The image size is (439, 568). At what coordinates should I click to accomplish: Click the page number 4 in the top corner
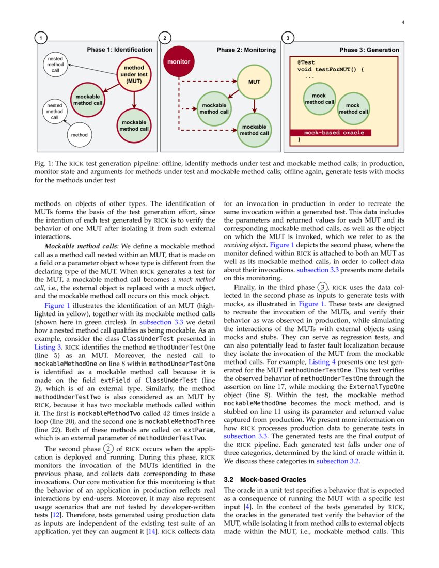402,23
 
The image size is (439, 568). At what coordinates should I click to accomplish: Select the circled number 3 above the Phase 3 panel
288,38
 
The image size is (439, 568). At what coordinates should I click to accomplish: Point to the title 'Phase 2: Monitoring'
246,50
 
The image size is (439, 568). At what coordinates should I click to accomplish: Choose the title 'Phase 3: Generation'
369,50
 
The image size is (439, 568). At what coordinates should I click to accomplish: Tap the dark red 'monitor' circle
178,62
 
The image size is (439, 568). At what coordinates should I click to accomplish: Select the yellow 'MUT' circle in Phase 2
254,82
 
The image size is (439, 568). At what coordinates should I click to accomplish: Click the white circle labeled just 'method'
80,135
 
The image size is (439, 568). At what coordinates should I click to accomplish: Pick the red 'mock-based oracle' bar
341,133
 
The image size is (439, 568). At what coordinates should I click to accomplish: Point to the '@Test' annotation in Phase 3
306,62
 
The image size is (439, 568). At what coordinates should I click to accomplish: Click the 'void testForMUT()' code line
331,69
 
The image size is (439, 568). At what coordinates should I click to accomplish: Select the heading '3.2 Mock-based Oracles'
265,480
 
